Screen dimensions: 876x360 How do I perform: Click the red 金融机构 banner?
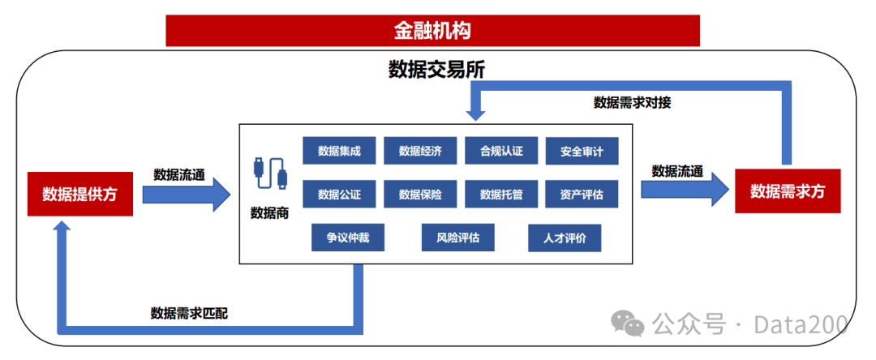(432, 31)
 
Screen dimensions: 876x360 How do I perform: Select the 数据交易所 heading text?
(436, 70)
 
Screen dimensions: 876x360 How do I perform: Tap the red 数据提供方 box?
(79, 194)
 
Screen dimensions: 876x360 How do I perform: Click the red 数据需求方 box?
(787, 191)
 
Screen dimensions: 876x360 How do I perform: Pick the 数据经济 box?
(420, 151)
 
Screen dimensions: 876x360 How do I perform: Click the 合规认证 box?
(501, 151)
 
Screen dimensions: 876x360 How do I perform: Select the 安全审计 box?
(582, 151)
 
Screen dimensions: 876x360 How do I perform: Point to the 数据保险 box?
(420, 195)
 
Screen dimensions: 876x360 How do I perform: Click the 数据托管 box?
(501, 195)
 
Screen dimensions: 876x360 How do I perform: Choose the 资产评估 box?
(582, 195)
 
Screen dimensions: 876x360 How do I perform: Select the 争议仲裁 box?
(348, 238)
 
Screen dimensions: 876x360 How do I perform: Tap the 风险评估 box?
(457, 238)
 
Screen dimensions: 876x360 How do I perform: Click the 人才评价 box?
(565, 238)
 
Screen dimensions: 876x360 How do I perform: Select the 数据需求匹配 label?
(189, 313)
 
